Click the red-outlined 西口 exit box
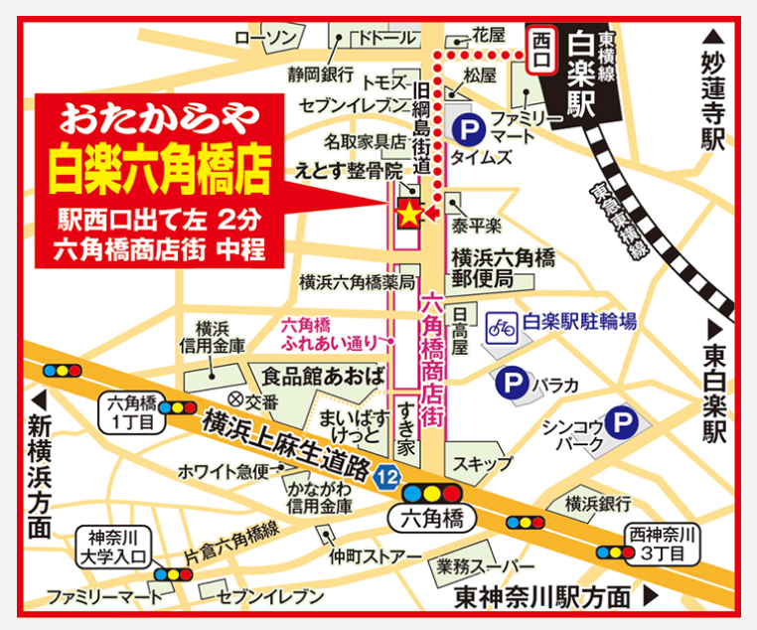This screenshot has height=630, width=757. click(x=541, y=52)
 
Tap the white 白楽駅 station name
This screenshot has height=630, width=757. click(x=582, y=75)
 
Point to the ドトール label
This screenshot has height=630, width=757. click(x=387, y=38)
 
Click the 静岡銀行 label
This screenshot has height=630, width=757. click(x=321, y=75)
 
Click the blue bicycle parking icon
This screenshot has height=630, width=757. click(x=502, y=325)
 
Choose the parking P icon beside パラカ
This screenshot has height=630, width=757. click(x=512, y=381)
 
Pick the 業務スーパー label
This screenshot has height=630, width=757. click(x=484, y=566)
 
